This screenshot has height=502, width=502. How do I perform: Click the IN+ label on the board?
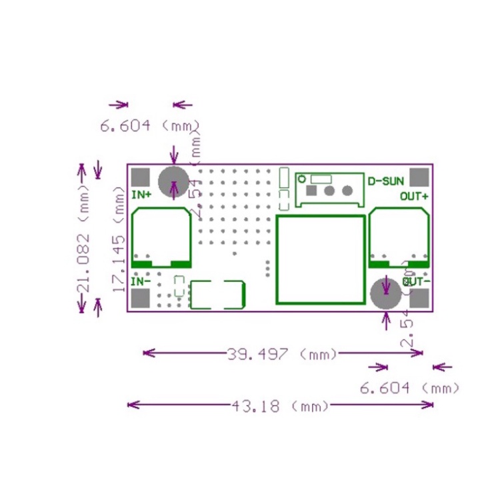tap(141, 195)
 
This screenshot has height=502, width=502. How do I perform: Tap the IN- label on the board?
tap(141, 281)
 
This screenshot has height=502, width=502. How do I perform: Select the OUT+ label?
tap(414, 196)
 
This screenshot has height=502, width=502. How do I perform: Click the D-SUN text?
tap(385, 181)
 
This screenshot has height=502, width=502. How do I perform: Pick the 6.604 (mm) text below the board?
tap(409, 387)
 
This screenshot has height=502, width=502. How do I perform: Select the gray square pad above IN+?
tap(141, 177)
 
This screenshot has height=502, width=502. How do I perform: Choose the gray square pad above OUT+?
tap(419, 177)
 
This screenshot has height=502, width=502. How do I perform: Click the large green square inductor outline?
tap(321, 259)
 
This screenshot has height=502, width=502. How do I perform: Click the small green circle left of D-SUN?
tap(301, 179)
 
